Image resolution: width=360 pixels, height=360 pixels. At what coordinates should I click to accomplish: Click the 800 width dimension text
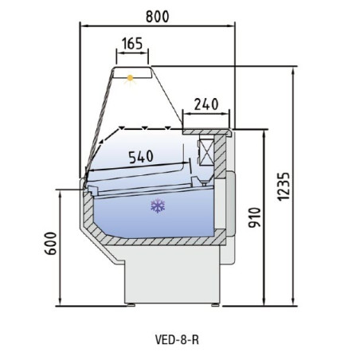[158, 14]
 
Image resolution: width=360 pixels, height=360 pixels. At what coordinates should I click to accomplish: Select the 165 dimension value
[133, 45]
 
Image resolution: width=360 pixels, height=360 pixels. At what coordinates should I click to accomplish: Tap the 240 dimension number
[205, 103]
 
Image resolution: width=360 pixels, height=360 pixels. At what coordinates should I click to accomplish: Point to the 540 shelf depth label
[140, 157]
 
